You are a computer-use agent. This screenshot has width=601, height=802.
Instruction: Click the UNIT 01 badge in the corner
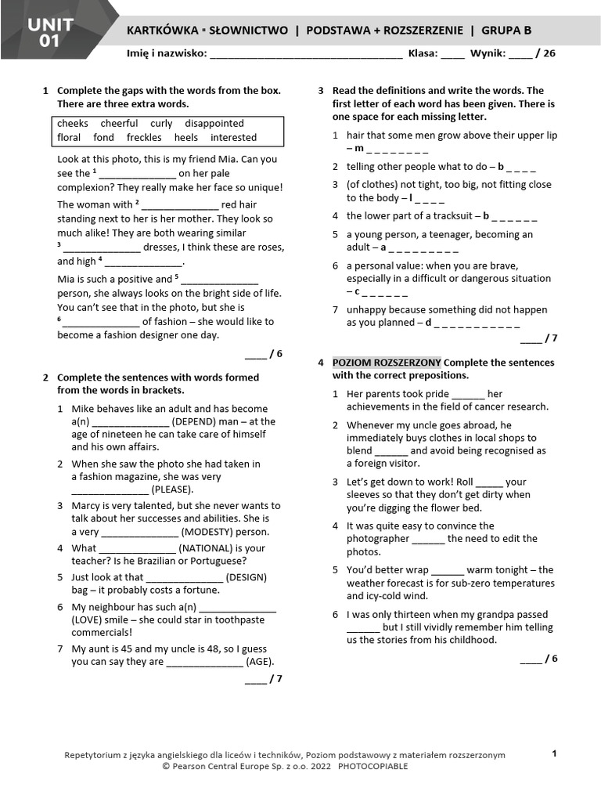tap(49, 32)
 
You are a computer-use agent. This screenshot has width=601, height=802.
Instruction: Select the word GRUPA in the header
tap(502, 31)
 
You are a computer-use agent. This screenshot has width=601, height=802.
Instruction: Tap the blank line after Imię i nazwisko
tap(306, 55)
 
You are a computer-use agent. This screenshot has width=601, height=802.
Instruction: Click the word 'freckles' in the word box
tap(144, 137)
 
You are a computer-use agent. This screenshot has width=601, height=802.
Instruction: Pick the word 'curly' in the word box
tap(161, 123)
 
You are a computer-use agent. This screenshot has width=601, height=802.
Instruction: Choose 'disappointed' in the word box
tap(214, 123)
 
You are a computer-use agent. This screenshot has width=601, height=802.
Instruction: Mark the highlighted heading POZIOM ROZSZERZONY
tap(387, 363)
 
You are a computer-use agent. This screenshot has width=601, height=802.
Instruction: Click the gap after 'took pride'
tap(468, 394)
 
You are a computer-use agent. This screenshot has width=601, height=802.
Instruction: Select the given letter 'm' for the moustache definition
tap(359, 148)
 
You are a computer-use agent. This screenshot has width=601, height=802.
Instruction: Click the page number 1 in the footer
tap(554, 753)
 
